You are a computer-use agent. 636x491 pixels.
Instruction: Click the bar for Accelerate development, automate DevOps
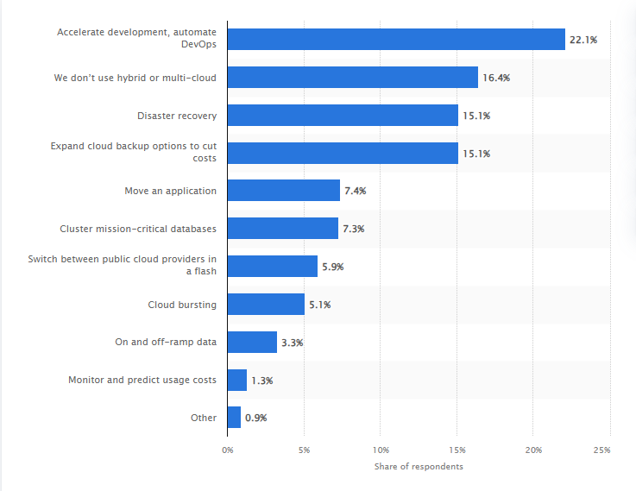pos(396,39)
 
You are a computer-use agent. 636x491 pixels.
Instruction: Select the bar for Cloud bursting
pos(266,304)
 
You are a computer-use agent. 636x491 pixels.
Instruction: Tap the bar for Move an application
pos(283,191)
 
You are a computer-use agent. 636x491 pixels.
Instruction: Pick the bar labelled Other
pos(234,418)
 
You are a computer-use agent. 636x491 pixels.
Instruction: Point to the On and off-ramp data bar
pos(252,342)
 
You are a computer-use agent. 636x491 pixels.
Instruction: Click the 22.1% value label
pos(583,40)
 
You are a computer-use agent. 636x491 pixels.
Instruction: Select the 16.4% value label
pos(496,78)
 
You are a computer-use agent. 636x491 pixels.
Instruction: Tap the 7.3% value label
pos(354,229)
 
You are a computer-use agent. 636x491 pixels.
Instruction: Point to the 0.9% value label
pos(256,418)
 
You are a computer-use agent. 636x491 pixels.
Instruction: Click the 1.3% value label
pos(262,380)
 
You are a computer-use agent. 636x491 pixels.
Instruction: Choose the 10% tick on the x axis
pos(381,450)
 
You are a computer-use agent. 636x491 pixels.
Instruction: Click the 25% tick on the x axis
pos(602,450)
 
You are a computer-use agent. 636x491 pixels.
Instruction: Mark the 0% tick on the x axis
pos(228,450)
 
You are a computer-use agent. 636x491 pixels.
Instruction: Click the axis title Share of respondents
pos(419,467)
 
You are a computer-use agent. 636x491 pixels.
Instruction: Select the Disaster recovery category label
pos(177,115)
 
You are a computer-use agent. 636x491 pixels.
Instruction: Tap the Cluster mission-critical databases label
pos(138,229)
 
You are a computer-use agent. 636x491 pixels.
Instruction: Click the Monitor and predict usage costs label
pos(142,380)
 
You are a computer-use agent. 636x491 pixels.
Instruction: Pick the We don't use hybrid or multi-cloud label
pos(135,78)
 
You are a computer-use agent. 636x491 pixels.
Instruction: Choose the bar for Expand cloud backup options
pos(343,153)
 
